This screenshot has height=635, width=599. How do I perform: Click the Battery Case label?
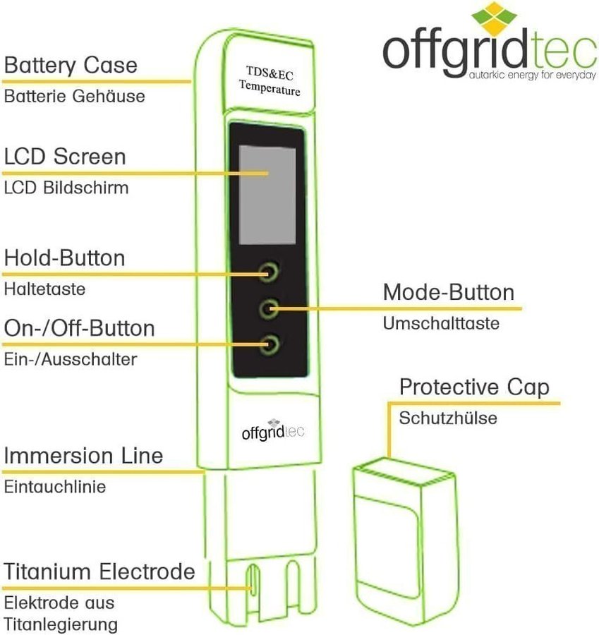[x=71, y=66]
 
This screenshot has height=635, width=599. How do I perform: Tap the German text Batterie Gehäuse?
[x=74, y=96]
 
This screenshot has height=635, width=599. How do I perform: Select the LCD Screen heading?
[x=65, y=156]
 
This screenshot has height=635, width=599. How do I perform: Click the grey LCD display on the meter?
[x=267, y=193]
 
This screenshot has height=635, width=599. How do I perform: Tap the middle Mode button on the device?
[x=268, y=307]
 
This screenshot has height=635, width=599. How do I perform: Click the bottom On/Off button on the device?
[x=268, y=345]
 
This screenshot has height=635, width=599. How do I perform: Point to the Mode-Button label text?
[x=449, y=292]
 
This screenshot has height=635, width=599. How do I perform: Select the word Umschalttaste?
[x=441, y=323]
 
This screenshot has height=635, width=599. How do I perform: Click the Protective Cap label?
[x=474, y=387]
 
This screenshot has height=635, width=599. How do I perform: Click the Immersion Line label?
[x=83, y=456]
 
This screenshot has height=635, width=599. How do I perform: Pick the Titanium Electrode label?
[x=99, y=571]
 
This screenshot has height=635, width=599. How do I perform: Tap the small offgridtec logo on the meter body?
[x=271, y=429]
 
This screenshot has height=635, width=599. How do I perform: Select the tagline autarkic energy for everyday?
[x=526, y=73]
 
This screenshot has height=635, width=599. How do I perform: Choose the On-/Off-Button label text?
[x=79, y=328]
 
